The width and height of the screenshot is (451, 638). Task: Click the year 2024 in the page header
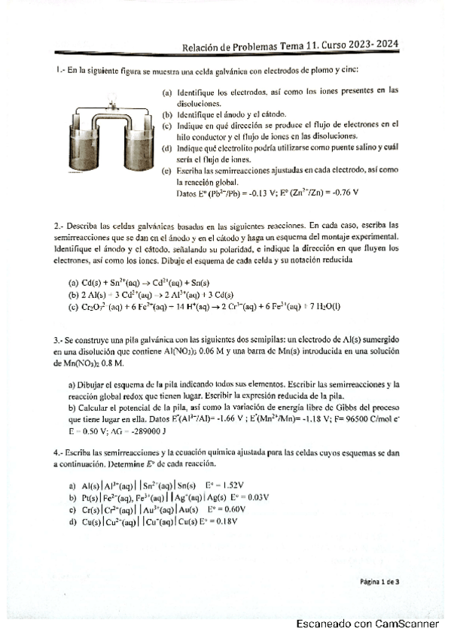(x=385, y=46)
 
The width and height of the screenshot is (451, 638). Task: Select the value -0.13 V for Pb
(x=257, y=193)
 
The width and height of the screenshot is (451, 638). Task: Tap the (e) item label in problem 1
(x=167, y=171)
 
